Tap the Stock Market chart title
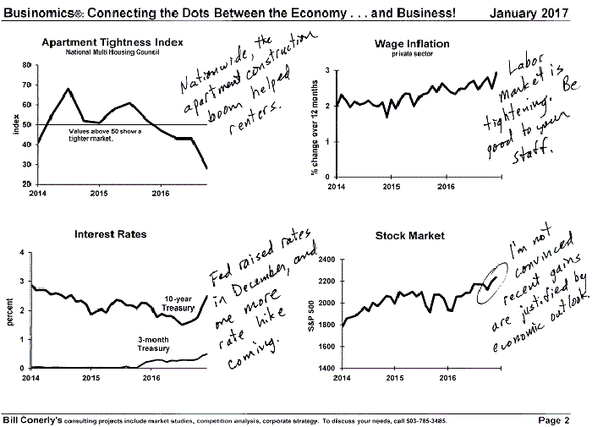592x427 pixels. (410, 236)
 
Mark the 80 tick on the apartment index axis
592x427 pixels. (26, 65)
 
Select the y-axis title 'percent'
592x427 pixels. (9, 310)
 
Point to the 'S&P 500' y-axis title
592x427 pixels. (311, 314)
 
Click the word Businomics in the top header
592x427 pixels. (39, 10)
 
